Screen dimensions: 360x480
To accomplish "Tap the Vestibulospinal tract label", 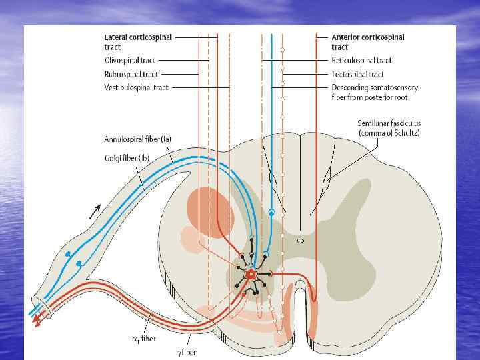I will tap(136, 87).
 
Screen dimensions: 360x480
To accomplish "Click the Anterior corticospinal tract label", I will tap(368, 42).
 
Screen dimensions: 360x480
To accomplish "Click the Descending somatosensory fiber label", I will tap(375, 93).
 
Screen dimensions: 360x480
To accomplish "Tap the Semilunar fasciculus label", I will tap(389, 124).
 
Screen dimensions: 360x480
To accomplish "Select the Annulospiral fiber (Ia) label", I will tap(138, 140).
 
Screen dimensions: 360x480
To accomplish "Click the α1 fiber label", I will tap(144, 339).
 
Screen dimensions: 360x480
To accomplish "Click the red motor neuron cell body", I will tap(251, 274).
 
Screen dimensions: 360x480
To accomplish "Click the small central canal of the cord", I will tap(301, 240).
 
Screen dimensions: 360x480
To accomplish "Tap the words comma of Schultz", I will tap(389, 133).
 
